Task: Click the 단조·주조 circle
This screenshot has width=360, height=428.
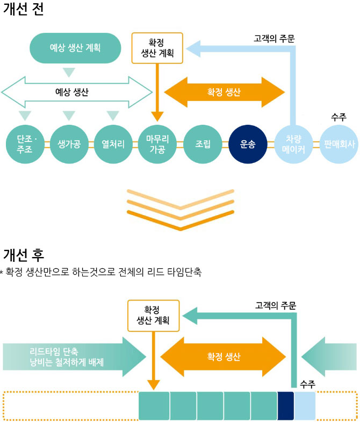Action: coord(25,144)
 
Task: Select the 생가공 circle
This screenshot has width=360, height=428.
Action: coord(69,144)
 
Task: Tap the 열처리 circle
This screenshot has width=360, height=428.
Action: coord(113,144)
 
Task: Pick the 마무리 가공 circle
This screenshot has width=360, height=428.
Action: coord(157,144)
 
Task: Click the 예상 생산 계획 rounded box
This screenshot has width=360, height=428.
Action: coord(75,47)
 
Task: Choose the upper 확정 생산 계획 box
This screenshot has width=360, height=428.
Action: coord(157,47)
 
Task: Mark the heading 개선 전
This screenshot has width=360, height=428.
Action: coord(24,11)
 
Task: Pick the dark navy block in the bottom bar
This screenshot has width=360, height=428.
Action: coord(285,405)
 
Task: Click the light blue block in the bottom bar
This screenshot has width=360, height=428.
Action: coord(305,405)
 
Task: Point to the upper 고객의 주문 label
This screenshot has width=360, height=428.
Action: coord(274,39)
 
